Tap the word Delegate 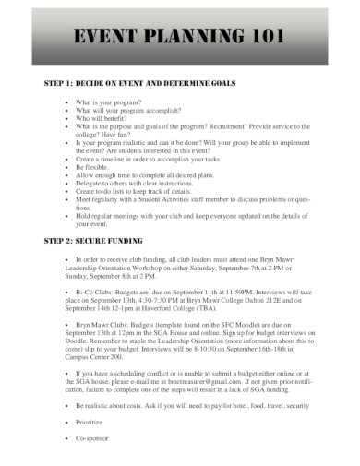[89, 184]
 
